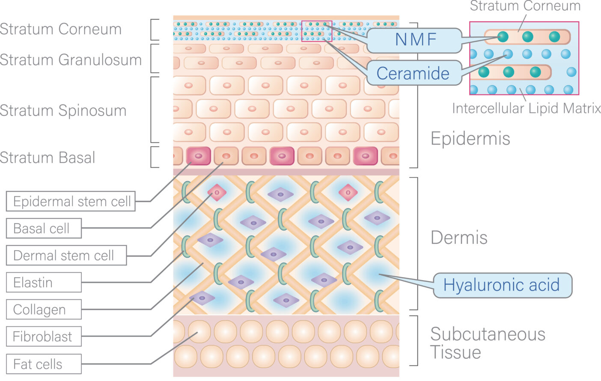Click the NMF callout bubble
click(414, 40)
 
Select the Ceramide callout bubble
click(414, 73)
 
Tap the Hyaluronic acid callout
click(502, 285)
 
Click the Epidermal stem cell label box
click(71, 201)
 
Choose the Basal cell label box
click(44, 229)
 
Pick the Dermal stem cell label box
click(66, 256)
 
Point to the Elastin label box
click(44, 283)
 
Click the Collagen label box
click(44, 310)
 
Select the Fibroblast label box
click(44, 337)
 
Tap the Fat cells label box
click(44, 364)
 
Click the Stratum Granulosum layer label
click(71, 60)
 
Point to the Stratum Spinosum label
click(63, 110)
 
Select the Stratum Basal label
click(48, 157)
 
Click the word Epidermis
click(470, 139)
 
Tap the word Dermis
click(459, 238)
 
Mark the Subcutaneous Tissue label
click(487, 343)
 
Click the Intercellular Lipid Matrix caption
click(526, 108)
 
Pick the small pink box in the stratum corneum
click(317, 31)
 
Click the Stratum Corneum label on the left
click(61, 29)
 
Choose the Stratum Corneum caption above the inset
click(525, 6)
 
